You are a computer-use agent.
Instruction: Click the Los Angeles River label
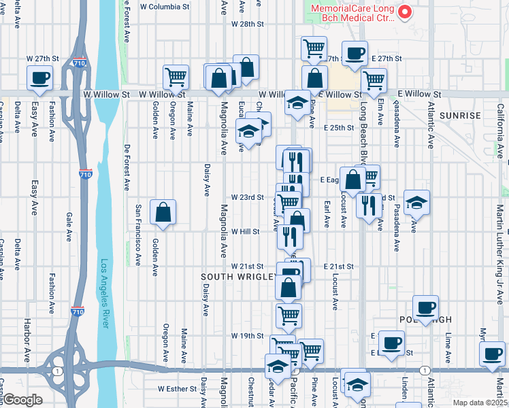105,294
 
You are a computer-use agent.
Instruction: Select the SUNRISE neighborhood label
460,116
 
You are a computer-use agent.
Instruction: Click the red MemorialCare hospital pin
404,12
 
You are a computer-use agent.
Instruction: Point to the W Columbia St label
164,6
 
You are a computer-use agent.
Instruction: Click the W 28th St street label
247,24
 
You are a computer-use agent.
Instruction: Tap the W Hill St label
246,232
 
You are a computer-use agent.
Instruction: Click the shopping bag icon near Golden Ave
163,212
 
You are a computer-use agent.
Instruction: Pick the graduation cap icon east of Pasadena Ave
416,202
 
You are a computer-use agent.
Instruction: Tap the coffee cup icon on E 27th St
355,54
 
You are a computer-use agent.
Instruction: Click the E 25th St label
339,127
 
